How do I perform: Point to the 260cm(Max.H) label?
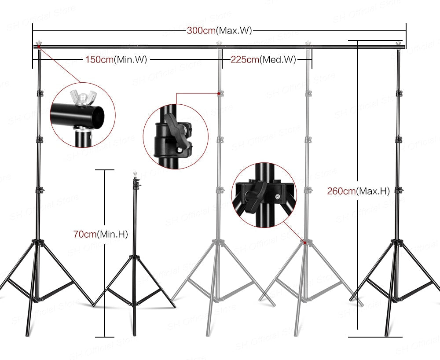[x=358, y=191]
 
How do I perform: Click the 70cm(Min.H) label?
[x=100, y=235]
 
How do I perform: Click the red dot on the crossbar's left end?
[x=39, y=46]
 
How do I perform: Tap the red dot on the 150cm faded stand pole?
[x=219, y=93]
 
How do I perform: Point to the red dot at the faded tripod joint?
[x=304, y=242]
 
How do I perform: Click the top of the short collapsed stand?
[x=134, y=175]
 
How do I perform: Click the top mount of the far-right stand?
[x=400, y=44]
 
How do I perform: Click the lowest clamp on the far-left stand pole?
[x=39, y=190]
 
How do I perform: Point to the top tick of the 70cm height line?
[x=104, y=170]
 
